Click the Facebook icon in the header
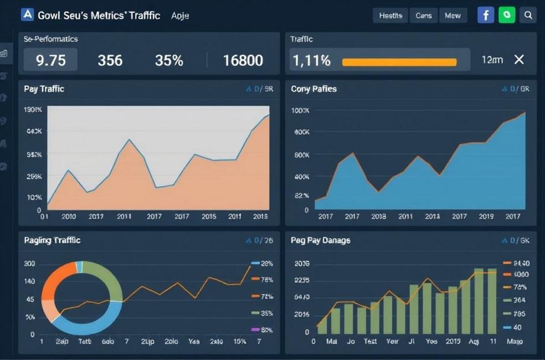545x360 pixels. pos(485,15)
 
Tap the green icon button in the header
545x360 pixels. pos(507,15)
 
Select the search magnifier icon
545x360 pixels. pos(528,15)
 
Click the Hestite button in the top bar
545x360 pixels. pos(390,16)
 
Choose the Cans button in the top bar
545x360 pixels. pos(424,16)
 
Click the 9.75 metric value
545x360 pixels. pos(50,60)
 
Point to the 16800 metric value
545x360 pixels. pos(243,60)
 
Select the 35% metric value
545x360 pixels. pos(169,60)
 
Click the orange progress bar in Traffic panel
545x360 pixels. pos(399,62)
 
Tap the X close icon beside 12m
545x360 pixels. pos(519,60)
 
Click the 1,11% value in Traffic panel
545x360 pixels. pos(312,60)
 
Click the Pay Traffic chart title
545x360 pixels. pos(44,89)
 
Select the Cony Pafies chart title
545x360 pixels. pos(313,89)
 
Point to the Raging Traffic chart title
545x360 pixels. pos(52,240)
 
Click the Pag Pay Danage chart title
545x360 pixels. pos(320,240)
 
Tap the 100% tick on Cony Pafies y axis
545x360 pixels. pos(300,111)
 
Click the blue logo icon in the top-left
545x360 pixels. pos(27,14)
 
